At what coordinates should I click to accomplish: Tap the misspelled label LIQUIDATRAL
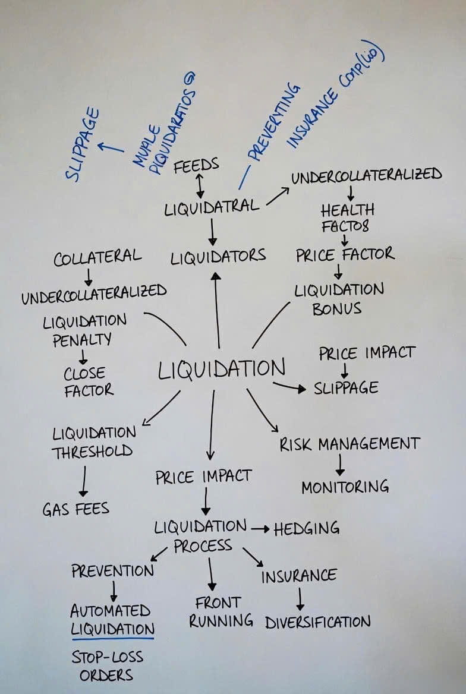tap(212, 207)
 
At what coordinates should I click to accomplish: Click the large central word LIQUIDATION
tap(221, 369)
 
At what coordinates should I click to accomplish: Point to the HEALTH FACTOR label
tap(347, 217)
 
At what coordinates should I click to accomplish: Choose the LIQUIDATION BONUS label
tap(339, 299)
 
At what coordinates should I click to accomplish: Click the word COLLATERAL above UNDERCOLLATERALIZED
tap(97, 258)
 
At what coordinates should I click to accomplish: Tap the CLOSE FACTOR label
tap(89, 381)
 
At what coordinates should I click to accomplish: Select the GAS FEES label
tap(75, 509)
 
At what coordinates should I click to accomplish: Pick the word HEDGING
tap(306, 528)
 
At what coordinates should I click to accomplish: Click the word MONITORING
tap(345, 487)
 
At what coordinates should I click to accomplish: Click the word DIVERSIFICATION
tap(317, 622)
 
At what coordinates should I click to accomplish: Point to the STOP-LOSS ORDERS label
tap(107, 666)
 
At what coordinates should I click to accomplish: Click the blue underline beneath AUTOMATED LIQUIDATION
tap(112, 638)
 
